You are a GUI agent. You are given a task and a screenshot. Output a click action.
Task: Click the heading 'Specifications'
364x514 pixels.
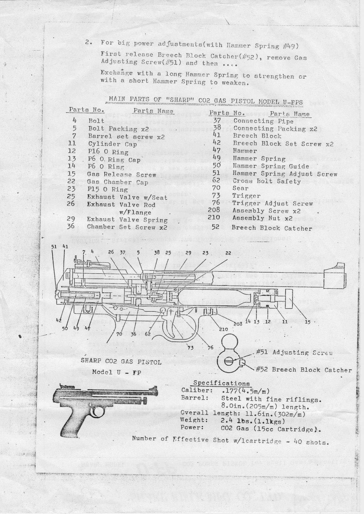[221, 383]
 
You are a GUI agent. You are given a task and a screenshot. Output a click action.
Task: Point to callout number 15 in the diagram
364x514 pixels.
[308, 322]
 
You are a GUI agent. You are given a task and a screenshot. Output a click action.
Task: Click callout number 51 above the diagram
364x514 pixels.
[54, 246]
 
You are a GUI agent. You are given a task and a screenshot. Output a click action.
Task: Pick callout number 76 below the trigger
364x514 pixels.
[210, 347]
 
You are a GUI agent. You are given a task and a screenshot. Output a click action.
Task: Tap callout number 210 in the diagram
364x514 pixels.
[223, 329]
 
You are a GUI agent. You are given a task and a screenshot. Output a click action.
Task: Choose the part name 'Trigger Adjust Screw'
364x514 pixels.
[273, 203]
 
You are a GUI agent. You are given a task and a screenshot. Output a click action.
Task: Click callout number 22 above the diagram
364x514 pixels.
[228, 253]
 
